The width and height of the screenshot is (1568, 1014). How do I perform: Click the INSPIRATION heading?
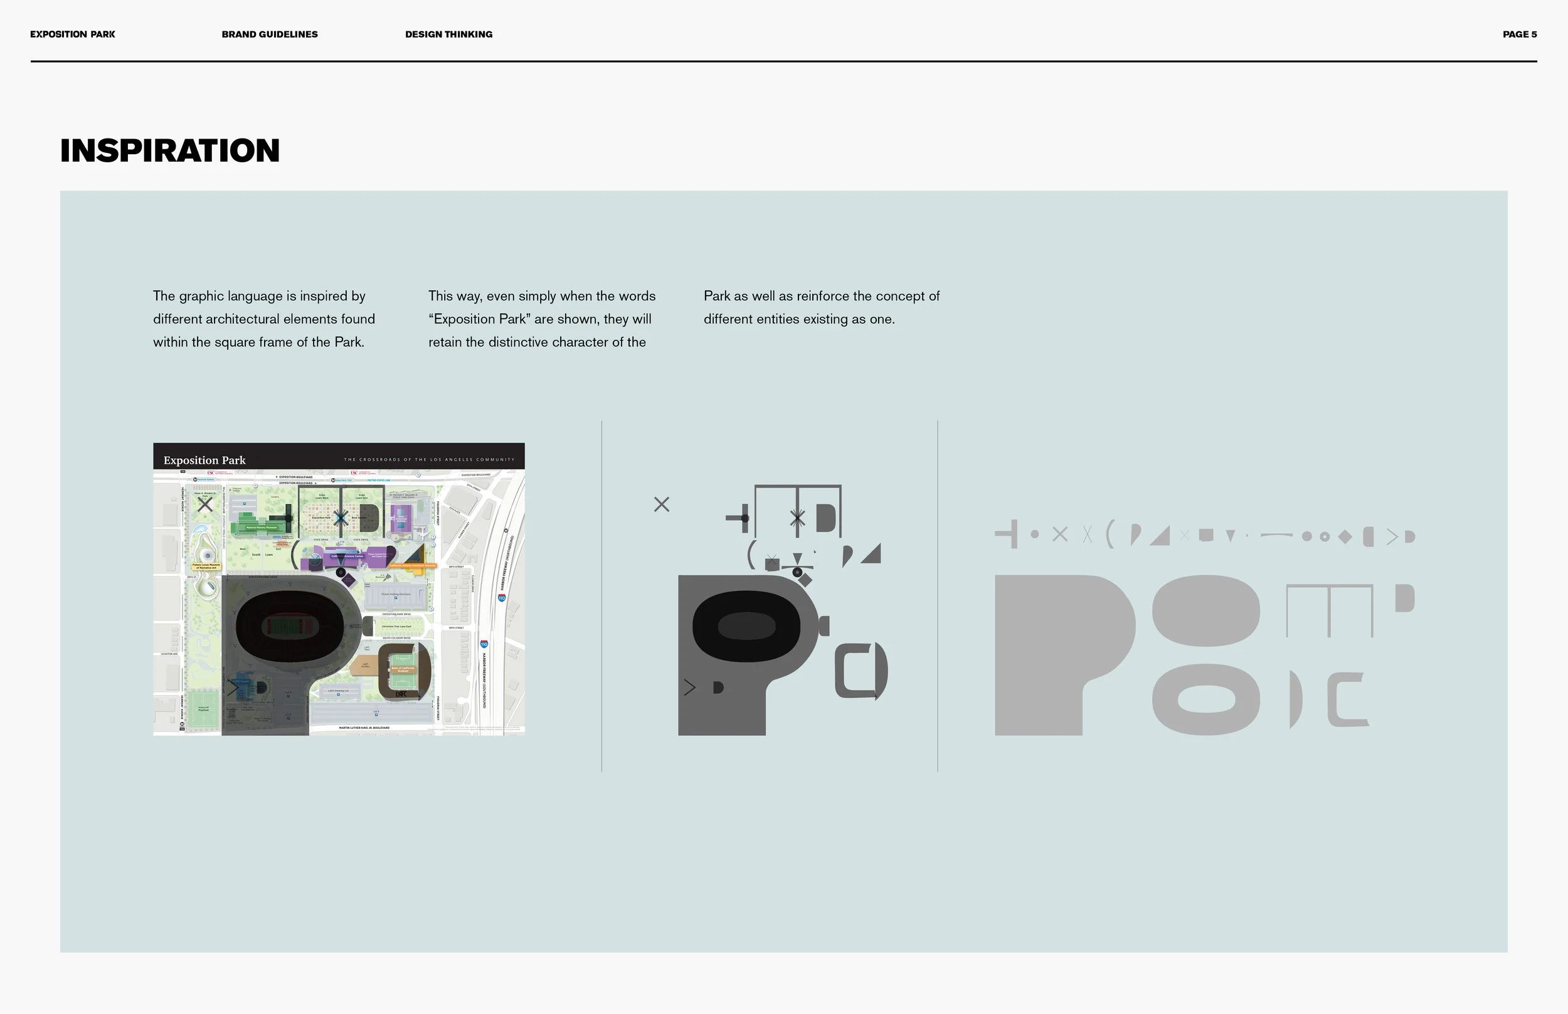170,151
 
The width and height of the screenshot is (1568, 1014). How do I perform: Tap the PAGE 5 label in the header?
1519,34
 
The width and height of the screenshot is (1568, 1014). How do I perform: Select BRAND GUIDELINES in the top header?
270,34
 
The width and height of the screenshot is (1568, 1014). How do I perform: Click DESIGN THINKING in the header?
448,34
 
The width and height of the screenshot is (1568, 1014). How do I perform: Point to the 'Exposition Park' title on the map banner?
204,460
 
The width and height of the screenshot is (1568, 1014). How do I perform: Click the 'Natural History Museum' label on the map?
262,528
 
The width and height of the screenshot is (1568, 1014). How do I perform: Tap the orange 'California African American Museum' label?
413,565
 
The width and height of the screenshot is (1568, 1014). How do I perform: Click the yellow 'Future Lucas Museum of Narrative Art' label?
206,566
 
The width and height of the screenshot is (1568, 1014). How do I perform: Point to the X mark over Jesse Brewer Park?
205,504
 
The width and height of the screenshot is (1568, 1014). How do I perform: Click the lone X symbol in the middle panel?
662,504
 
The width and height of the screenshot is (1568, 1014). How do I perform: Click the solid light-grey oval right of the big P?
1205,610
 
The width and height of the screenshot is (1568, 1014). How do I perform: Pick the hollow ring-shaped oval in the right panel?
1205,699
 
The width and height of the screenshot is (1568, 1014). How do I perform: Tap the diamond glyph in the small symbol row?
1345,536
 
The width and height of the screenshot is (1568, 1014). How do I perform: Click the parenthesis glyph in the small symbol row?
1110,534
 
